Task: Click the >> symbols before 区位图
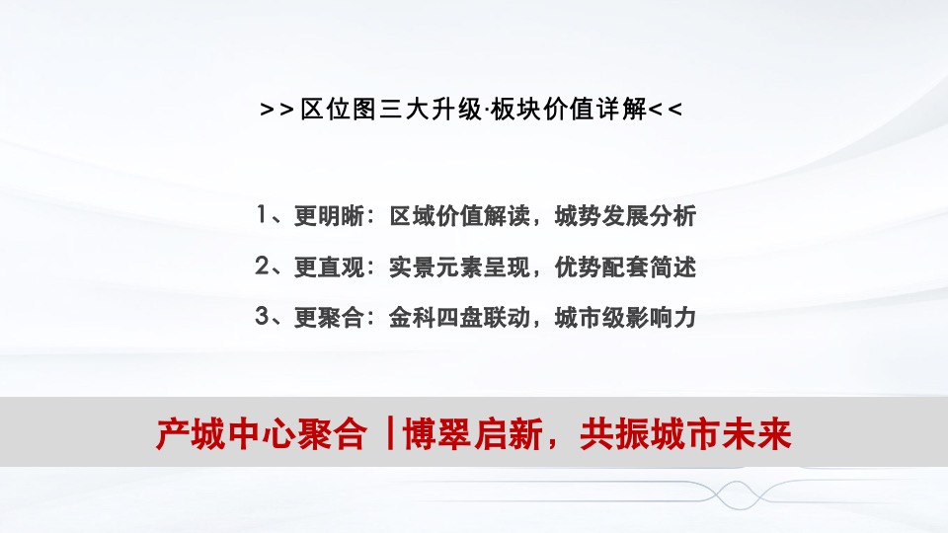277,110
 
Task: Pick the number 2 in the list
261,266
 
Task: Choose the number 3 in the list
261,317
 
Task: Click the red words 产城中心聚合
261,434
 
